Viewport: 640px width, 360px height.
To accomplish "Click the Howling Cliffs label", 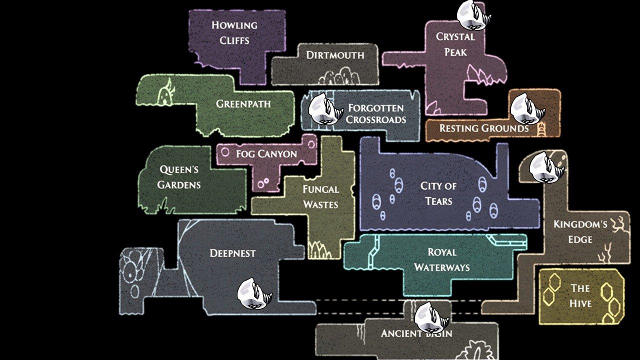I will (234, 32).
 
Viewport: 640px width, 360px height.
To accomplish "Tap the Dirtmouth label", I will (335, 55).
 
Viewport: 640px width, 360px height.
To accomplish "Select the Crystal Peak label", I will (455, 44).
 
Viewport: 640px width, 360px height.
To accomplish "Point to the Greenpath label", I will (243, 104).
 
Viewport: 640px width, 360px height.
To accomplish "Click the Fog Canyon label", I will (266, 154).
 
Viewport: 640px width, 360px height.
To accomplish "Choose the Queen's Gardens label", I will (179, 177).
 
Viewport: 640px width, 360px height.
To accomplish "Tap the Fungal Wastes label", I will (320, 197).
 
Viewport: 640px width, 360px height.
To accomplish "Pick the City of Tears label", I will (438, 193).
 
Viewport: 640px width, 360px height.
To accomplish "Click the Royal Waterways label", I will (441, 259).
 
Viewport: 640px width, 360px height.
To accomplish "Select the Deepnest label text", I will (232, 253).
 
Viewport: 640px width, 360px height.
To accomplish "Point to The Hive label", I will (580, 295).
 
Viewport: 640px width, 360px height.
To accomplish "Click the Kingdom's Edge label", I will (580, 231).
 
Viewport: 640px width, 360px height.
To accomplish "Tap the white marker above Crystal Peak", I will (473, 15).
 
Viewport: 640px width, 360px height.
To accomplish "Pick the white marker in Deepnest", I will (254, 293).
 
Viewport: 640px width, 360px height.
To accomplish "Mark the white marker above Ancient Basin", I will (431, 317).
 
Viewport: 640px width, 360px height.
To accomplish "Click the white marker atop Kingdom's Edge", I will (546, 167).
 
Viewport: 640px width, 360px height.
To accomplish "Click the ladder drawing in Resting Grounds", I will (541, 129).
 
